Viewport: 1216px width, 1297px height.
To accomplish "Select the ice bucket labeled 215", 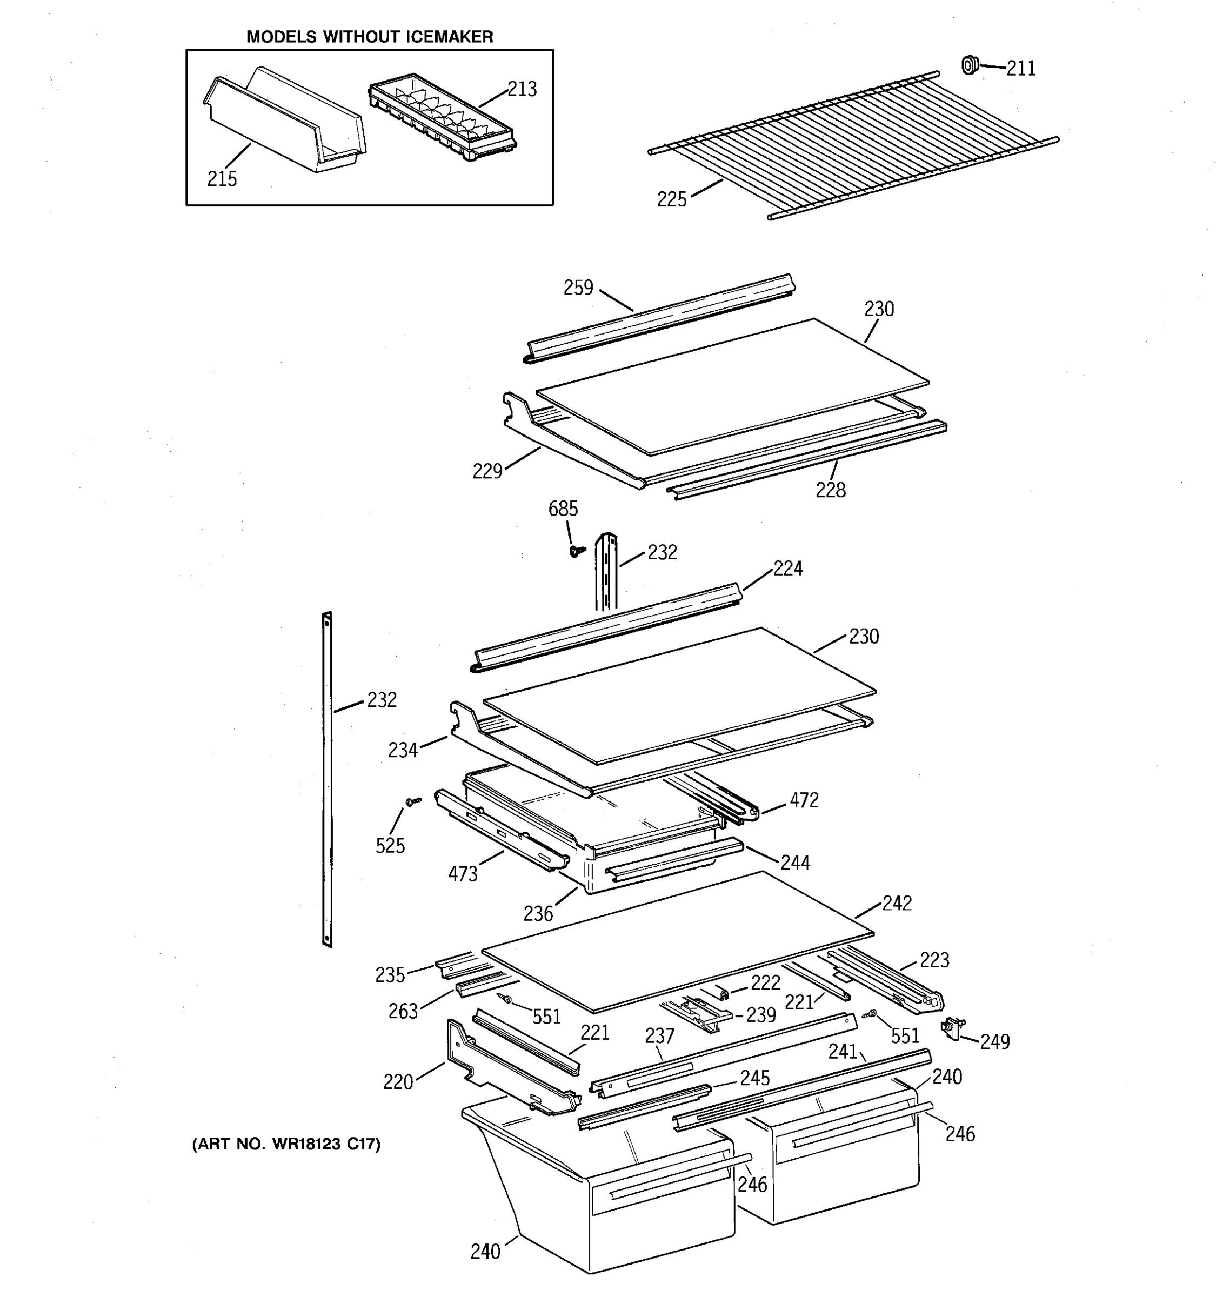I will pyautogui.click(x=284, y=124).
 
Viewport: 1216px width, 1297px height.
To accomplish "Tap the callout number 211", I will pyautogui.click(x=1021, y=69).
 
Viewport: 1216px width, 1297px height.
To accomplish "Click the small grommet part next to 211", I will pyautogui.click(x=970, y=65).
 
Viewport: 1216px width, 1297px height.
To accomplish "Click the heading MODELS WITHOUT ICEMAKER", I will pyautogui.click(x=369, y=37).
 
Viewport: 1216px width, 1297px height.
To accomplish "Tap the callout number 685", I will pyautogui.click(x=563, y=509).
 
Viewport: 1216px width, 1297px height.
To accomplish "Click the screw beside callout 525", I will pyautogui.click(x=412, y=801).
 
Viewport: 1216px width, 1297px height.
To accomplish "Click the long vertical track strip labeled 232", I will pyautogui.click(x=327, y=780).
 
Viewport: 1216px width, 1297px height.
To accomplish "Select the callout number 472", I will pyautogui.click(x=804, y=800).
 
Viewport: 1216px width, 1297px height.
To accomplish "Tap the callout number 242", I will pyautogui.click(x=897, y=904).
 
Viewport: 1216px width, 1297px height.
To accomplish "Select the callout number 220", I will pyautogui.click(x=398, y=1082).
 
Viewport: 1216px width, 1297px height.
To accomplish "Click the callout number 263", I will pyautogui.click(x=403, y=1011).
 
